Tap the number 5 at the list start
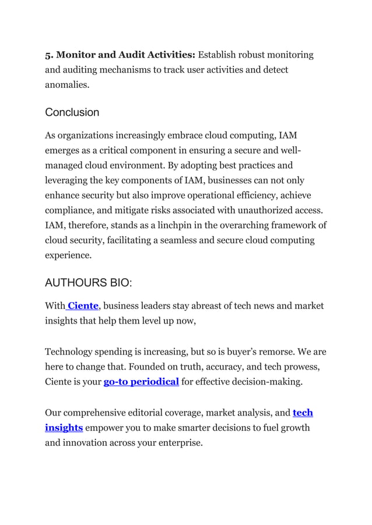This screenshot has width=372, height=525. (48, 55)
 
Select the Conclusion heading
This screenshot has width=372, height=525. (72, 112)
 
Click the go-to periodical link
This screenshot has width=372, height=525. (141, 382)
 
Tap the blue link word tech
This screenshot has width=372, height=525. (303, 413)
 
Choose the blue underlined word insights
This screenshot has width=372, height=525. (64, 428)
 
